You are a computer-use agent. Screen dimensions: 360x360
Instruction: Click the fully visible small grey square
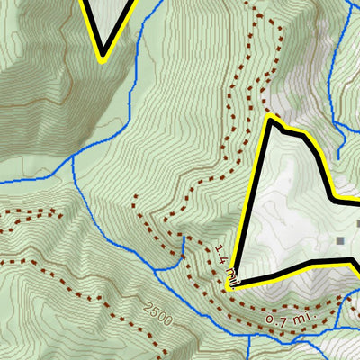(x=340, y=240)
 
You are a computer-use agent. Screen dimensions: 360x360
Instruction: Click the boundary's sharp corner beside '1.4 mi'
(x=230, y=285)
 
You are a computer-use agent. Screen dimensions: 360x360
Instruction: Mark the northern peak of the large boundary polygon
(x=270, y=120)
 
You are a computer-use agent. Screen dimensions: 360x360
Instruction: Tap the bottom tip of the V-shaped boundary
(x=102, y=58)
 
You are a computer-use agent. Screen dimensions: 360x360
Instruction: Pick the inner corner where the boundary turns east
(x=334, y=197)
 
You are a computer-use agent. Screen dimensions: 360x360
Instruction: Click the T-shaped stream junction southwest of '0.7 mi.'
(x=247, y=334)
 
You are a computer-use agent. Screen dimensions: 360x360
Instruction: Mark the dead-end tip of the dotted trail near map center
(x=135, y=196)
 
